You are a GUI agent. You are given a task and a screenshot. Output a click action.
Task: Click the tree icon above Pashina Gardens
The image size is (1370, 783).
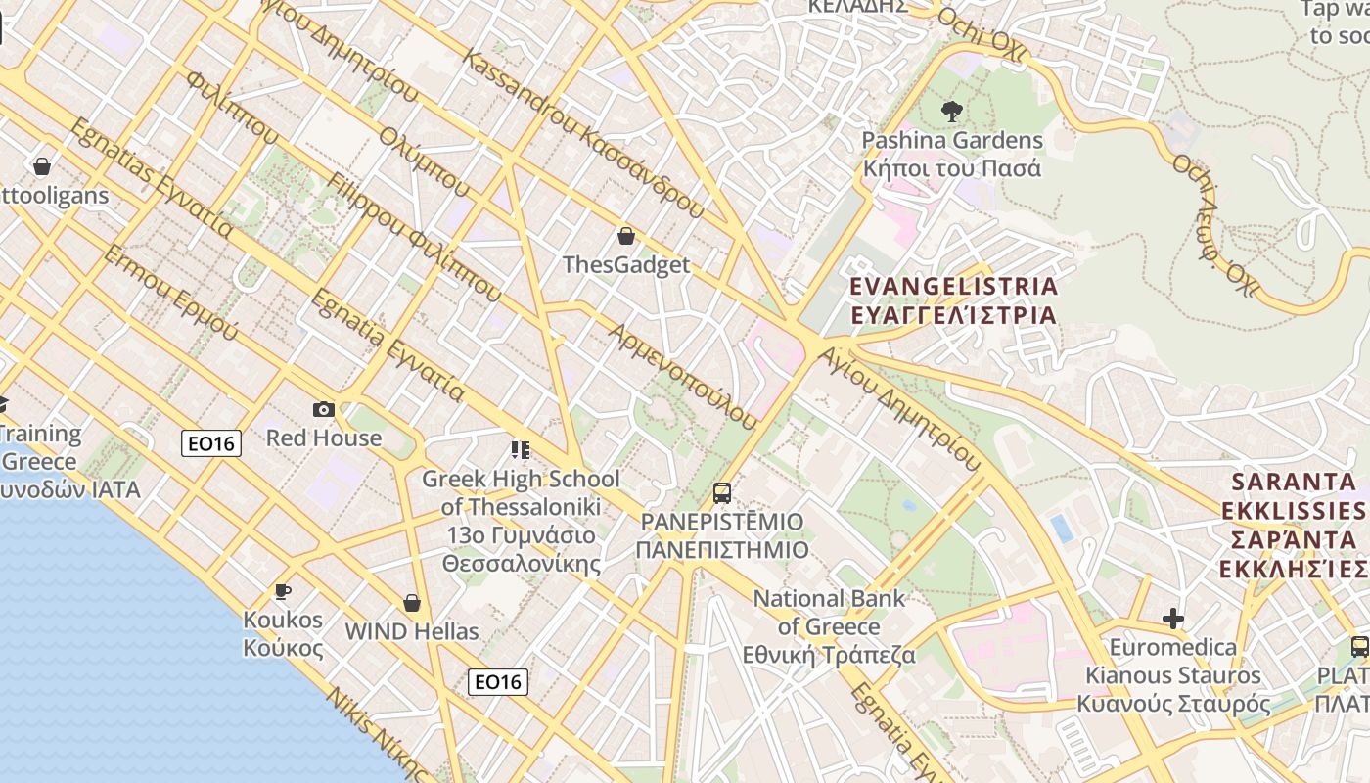[950, 112]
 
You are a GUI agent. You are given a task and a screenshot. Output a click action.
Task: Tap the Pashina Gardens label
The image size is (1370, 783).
[952, 154]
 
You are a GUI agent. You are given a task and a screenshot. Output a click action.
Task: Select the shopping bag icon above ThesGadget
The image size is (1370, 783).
[626, 236]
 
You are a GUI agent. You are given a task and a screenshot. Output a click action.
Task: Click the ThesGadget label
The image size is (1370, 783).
[626, 265]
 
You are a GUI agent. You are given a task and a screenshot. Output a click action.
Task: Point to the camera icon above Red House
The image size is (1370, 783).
[324, 409]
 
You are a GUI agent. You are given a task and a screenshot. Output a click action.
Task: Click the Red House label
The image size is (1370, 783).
[324, 438]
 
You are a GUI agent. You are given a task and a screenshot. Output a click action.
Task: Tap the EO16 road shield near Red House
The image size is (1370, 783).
[211, 443]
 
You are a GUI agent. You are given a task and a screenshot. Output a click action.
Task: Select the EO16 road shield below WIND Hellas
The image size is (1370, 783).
[498, 681]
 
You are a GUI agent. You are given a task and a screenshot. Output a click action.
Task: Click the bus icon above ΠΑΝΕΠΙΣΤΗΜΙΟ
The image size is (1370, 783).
[722, 492]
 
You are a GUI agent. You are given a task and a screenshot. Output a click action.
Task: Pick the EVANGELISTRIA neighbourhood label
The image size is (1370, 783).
[954, 300]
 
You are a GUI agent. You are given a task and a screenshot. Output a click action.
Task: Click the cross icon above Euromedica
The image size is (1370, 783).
[1172, 619]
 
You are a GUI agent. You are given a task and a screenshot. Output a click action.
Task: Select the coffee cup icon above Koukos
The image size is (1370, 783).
[283, 591]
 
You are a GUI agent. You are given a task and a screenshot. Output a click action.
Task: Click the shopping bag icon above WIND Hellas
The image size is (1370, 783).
[412, 603]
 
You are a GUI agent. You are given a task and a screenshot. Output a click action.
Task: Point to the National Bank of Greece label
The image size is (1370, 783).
[830, 626]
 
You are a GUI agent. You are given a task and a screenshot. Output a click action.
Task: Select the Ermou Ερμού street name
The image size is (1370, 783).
[170, 293]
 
